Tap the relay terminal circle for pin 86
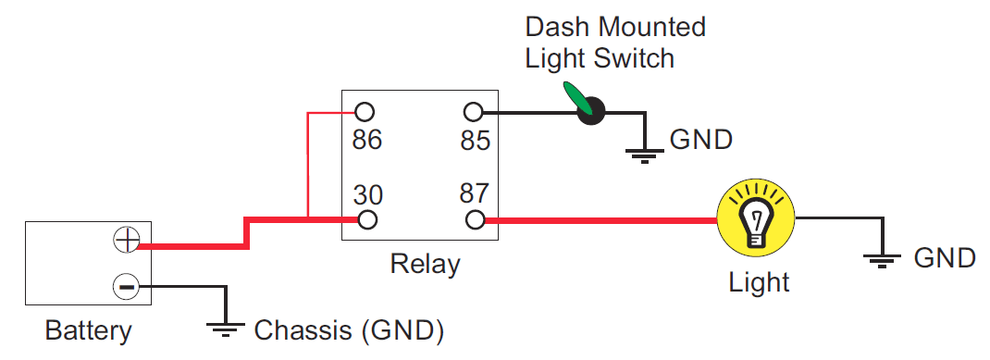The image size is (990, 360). coord(365,113)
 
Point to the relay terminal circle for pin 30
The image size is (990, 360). coord(367,220)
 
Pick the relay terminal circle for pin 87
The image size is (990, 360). coord(475,220)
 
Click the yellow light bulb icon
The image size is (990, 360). coord(756,220)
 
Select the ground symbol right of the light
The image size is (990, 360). coord(885,259)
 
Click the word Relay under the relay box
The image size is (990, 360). coord(425,264)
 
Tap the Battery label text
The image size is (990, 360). coord(89,330)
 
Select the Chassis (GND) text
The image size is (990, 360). coord(349,329)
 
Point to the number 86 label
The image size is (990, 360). coord(367,141)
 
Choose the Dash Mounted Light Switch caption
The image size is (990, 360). coord(615,42)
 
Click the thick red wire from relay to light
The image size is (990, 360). coord(601,220)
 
